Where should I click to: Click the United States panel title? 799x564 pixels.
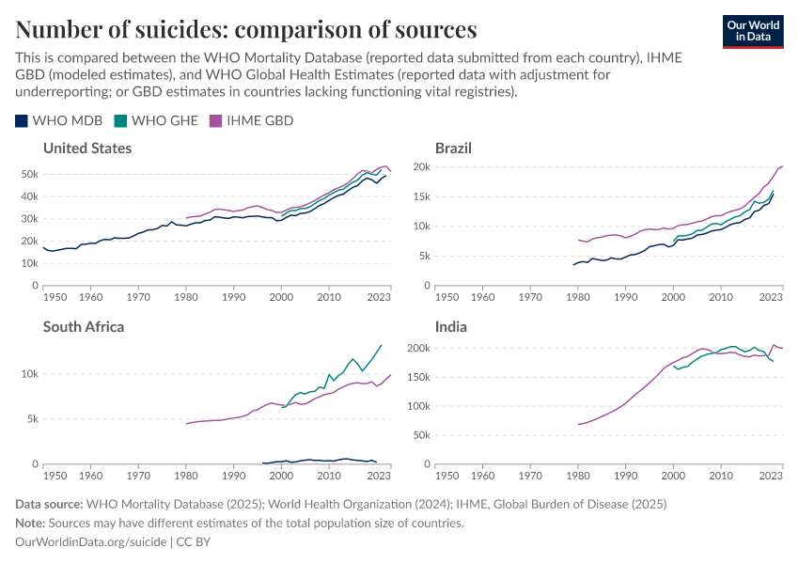pyautogui.click(x=87, y=149)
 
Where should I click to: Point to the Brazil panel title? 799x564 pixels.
pyautogui.click(x=453, y=149)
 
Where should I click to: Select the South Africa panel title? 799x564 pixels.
pyautogui.click(x=84, y=327)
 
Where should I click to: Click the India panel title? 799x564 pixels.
pyautogui.click(x=451, y=327)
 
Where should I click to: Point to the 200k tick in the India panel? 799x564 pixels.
pyautogui.click(x=416, y=348)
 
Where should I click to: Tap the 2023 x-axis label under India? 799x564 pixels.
pyautogui.click(x=771, y=477)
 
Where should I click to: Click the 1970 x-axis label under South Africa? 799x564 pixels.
pyautogui.click(x=138, y=477)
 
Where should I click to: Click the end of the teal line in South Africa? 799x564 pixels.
pyautogui.click(x=381, y=345)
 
